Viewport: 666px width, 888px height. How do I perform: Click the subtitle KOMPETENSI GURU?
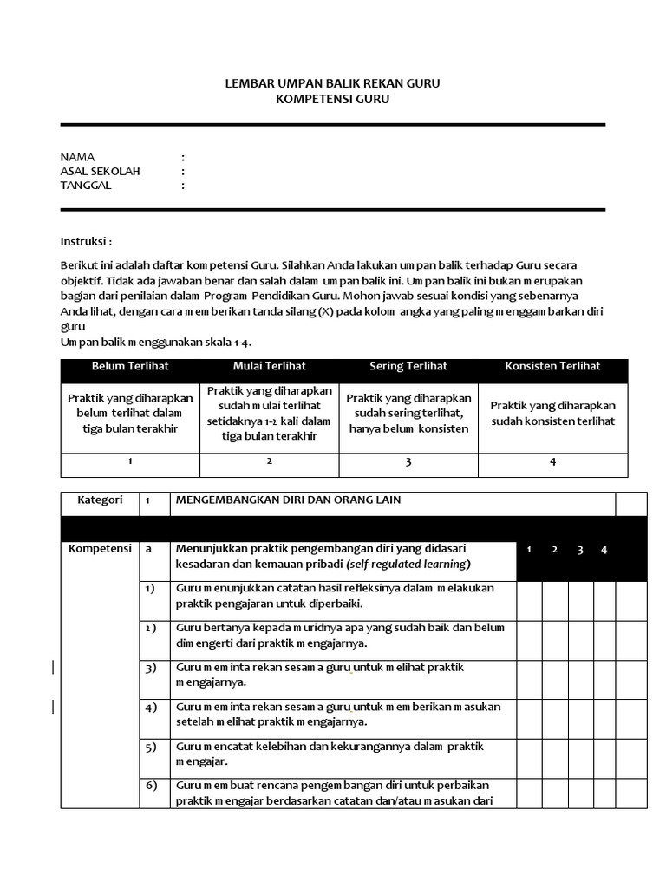pyautogui.click(x=332, y=100)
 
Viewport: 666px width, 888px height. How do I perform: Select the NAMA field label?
pyautogui.click(x=77, y=157)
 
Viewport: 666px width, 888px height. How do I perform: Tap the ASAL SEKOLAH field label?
pyautogui.click(x=100, y=171)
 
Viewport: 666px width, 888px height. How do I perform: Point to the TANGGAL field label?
pyautogui.click(x=86, y=185)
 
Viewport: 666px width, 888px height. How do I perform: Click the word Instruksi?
pyautogui.click(x=86, y=240)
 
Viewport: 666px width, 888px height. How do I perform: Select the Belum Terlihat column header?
pyautogui.click(x=130, y=366)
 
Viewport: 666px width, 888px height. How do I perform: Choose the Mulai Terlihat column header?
pyautogui.click(x=269, y=366)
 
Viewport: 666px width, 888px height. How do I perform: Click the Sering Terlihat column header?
pyautogui.click(x=408, y=366)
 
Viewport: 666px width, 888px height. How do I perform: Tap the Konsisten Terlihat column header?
pyautogui.click(x=552, y=366)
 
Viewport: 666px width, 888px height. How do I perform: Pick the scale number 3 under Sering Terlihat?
pyautogui.click(x=408, y=462)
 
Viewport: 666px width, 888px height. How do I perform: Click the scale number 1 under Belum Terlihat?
pyautogui.click(x=130, y=461)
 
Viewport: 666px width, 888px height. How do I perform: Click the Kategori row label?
pyautogui.click(x=100, y=500)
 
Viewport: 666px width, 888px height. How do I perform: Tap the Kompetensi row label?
pyautogui.click(x=100, y=549)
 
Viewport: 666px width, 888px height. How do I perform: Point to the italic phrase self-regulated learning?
pyautogui.click(x=415, y=565)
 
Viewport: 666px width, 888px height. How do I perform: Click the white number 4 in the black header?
pyautogui.click(x=604, y=550)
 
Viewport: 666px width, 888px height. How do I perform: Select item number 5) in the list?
pyautogui.click(x=151, y=747)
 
